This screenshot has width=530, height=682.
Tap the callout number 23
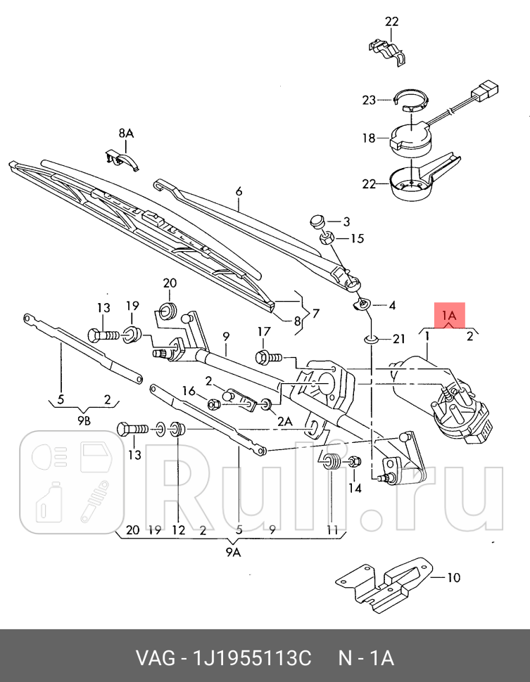(x=370, y=101)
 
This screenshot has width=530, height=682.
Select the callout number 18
(x=370, y=139)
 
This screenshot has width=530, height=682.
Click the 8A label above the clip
(x=125, y=132)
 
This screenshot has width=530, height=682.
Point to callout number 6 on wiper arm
(x=239, y=191)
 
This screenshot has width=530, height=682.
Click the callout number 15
(x=357, y=238)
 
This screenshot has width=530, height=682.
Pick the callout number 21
(x=398, y=340)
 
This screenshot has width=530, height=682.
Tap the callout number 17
(x=263, y=332)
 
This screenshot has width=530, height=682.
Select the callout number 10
(x=453, y=578)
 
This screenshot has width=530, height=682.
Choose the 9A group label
(x=233, y=553)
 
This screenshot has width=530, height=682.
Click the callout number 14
(x=354, y=487)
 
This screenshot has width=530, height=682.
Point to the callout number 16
(x=189, y=391)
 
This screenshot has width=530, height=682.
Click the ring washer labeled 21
(x=372, y=340)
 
